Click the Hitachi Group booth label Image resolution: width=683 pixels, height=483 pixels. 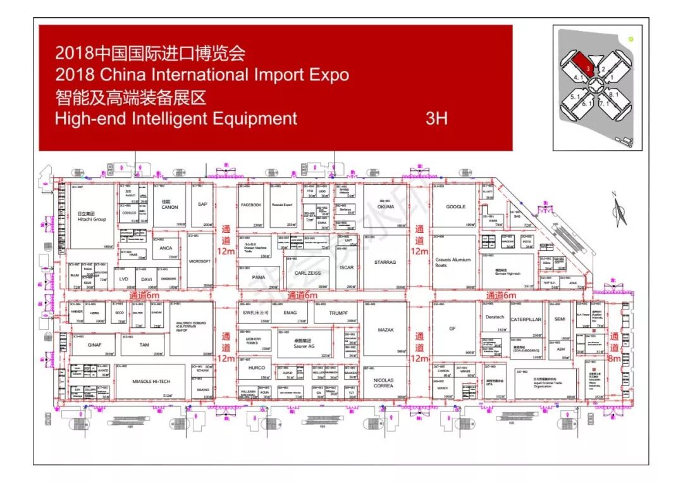[x=91, y=217]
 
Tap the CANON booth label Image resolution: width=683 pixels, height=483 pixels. [x=169, y=206]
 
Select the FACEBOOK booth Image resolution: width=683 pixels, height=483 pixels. [x=251, y=205]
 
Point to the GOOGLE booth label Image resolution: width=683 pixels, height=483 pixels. [x=455, y=206]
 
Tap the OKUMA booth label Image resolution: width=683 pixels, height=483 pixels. [x=385, y=206]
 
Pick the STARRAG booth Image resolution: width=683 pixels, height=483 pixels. [x=385, y=261]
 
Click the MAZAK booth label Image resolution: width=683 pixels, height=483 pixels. [x=386, y=330]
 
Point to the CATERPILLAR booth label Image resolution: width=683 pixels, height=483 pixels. [x=526, y=320]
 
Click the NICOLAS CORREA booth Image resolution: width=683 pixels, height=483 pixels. [x=383, y=382]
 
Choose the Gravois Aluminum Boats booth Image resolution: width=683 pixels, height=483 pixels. [x=453, y=262]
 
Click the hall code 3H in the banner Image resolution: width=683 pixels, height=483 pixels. [x=436, y=118]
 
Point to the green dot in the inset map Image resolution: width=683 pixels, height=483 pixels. [x=631, y=39]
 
